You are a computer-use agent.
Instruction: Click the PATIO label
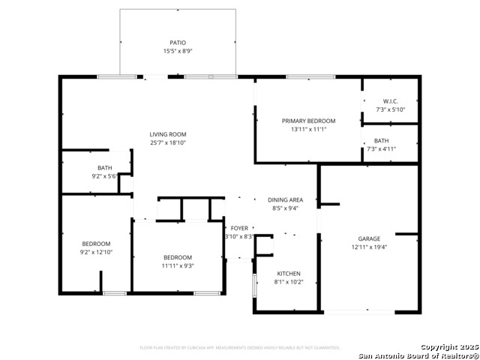[178, 43]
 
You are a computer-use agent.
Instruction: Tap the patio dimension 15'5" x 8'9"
[178, 51]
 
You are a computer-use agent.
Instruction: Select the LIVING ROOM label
[167, 134]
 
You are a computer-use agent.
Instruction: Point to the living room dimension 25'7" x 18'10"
[167, 142]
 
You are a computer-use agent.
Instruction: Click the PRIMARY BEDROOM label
[308, 121]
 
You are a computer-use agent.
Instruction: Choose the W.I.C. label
[390, 101]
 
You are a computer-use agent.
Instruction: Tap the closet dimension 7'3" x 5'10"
[390, 109]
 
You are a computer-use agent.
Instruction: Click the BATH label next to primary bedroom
[381, 140]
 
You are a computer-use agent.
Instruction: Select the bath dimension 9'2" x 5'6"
[105, 176]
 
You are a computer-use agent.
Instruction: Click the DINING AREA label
[286, 200]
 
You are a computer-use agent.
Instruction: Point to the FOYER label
[239, 228]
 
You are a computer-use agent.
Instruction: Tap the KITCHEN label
[289, 274]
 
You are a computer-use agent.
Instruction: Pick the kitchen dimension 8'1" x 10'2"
[289, 282]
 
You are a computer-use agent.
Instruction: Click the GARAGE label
[368, 238]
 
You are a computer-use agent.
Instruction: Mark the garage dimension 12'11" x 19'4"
[368, 247]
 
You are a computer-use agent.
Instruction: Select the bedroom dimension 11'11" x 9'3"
[178, 265]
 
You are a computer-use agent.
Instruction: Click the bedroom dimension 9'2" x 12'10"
[96, 252]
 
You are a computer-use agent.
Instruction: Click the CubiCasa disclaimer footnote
[240, 347]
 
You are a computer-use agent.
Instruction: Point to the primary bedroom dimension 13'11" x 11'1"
[308, 129]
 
